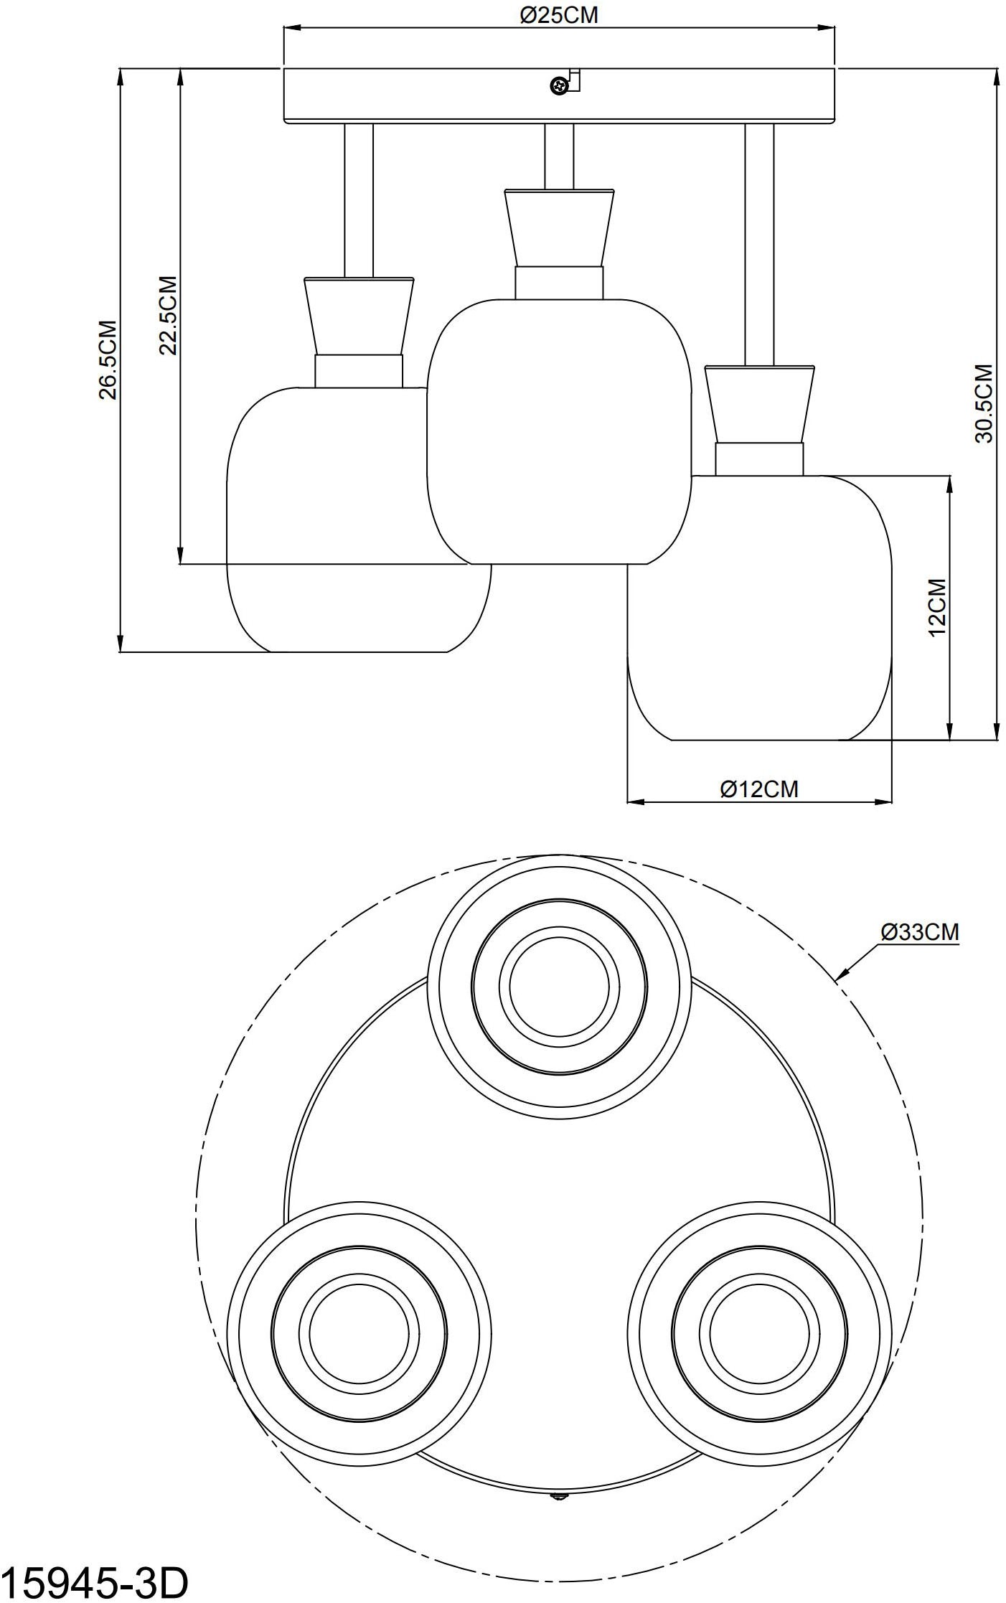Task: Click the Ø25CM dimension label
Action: pyautogui.click(x=559, y=15)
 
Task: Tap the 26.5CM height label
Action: pyautogui.click(x=108, y=359)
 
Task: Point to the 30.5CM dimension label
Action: pyautogui.click(x=984, y=403)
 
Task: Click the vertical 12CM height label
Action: pyautogui.click(x=937, y=608)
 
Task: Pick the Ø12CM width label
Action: pyautogui.click(x=759, y=789)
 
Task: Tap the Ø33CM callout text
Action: pyautogui.click(x=921, y=932)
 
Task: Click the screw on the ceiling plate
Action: pyautogui.click(x=558, y=86)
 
